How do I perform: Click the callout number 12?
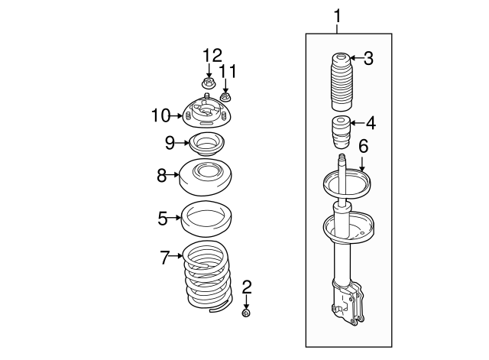click(212, 56)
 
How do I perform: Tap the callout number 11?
click(228, 71)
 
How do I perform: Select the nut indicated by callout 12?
click(208, 83)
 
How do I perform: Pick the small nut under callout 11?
click(225, 96)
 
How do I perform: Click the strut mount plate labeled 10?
click(206, 112)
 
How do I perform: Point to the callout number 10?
click(161, 115)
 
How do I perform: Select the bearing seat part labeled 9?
click(206, 144)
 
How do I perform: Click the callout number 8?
click(161, 176)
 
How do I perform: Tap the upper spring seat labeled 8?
click(206, 177)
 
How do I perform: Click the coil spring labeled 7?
click(207, 277)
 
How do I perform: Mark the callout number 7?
click(165, 258)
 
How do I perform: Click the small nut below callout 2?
click(246, 313)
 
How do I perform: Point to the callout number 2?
click(247, 287)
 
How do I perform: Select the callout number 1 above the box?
click(338, 16)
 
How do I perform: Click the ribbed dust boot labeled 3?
click(342, 83)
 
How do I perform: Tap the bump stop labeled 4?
click(342, 132)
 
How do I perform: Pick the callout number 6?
click(364, 146)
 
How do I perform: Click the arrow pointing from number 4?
click(358, 123)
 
